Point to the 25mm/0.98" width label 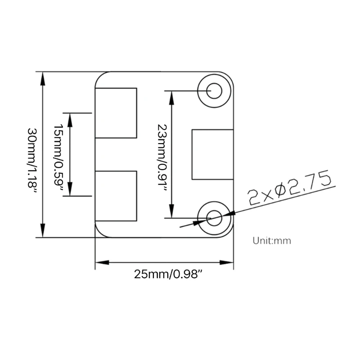click(x=166, y=274)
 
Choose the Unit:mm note click(x=272, y=241)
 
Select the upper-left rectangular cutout click(x=116, y=113)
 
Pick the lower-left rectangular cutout click(x=116, y=196)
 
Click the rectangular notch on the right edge click(x=213, y=154)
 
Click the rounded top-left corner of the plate click(x=100, y=77)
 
